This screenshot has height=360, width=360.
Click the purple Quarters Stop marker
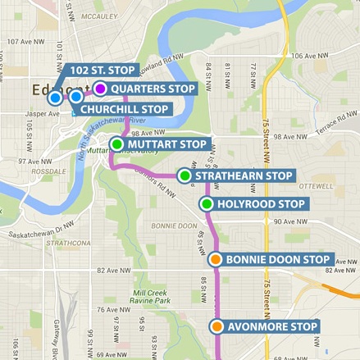100,89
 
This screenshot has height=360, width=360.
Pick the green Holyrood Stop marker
207,204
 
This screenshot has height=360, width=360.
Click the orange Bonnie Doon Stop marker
215,260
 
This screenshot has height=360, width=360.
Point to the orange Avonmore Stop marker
216,327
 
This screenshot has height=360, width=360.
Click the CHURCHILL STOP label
125,107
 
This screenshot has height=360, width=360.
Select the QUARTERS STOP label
152,89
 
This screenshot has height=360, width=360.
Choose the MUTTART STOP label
167,144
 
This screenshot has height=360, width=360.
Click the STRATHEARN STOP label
244,175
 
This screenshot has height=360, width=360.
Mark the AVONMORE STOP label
271,327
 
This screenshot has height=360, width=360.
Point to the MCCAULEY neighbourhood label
100,16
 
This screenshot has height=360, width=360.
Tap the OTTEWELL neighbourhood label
316,186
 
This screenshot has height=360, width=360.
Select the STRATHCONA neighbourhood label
67,244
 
